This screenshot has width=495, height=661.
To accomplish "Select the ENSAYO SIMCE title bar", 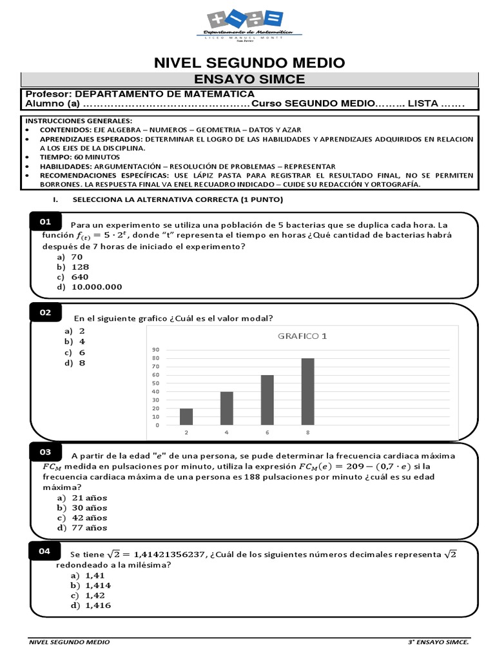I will pyautogui.click(x=249, y=79).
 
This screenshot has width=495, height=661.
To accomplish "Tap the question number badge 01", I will pyautogui.click(x=45, y=222).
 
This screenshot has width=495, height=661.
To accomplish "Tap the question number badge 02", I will pyautogui.click(x=45, y=312).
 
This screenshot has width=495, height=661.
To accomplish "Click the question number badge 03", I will pyautogui.click(x=45, y=451).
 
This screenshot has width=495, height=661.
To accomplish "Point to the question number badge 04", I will pyautogui.click(x=45, y=551).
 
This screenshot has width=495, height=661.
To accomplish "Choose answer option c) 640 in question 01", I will pyautogui.click(x=73, y=277).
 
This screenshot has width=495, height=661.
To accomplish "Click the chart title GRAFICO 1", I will pyautogui.click(x=302, y=336).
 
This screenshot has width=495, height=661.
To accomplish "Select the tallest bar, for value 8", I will pyautogui.click(x=307, y=391).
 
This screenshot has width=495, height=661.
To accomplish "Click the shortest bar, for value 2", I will pyautogui.click(x=186, y=416).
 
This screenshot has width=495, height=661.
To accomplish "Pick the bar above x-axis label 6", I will pyautogui.click(x=267, y=400).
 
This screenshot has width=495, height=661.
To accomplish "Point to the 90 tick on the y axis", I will pyautogui.click(x=155, y=350).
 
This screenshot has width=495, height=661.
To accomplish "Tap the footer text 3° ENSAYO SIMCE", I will pyautogui.click(x=438, y=643).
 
